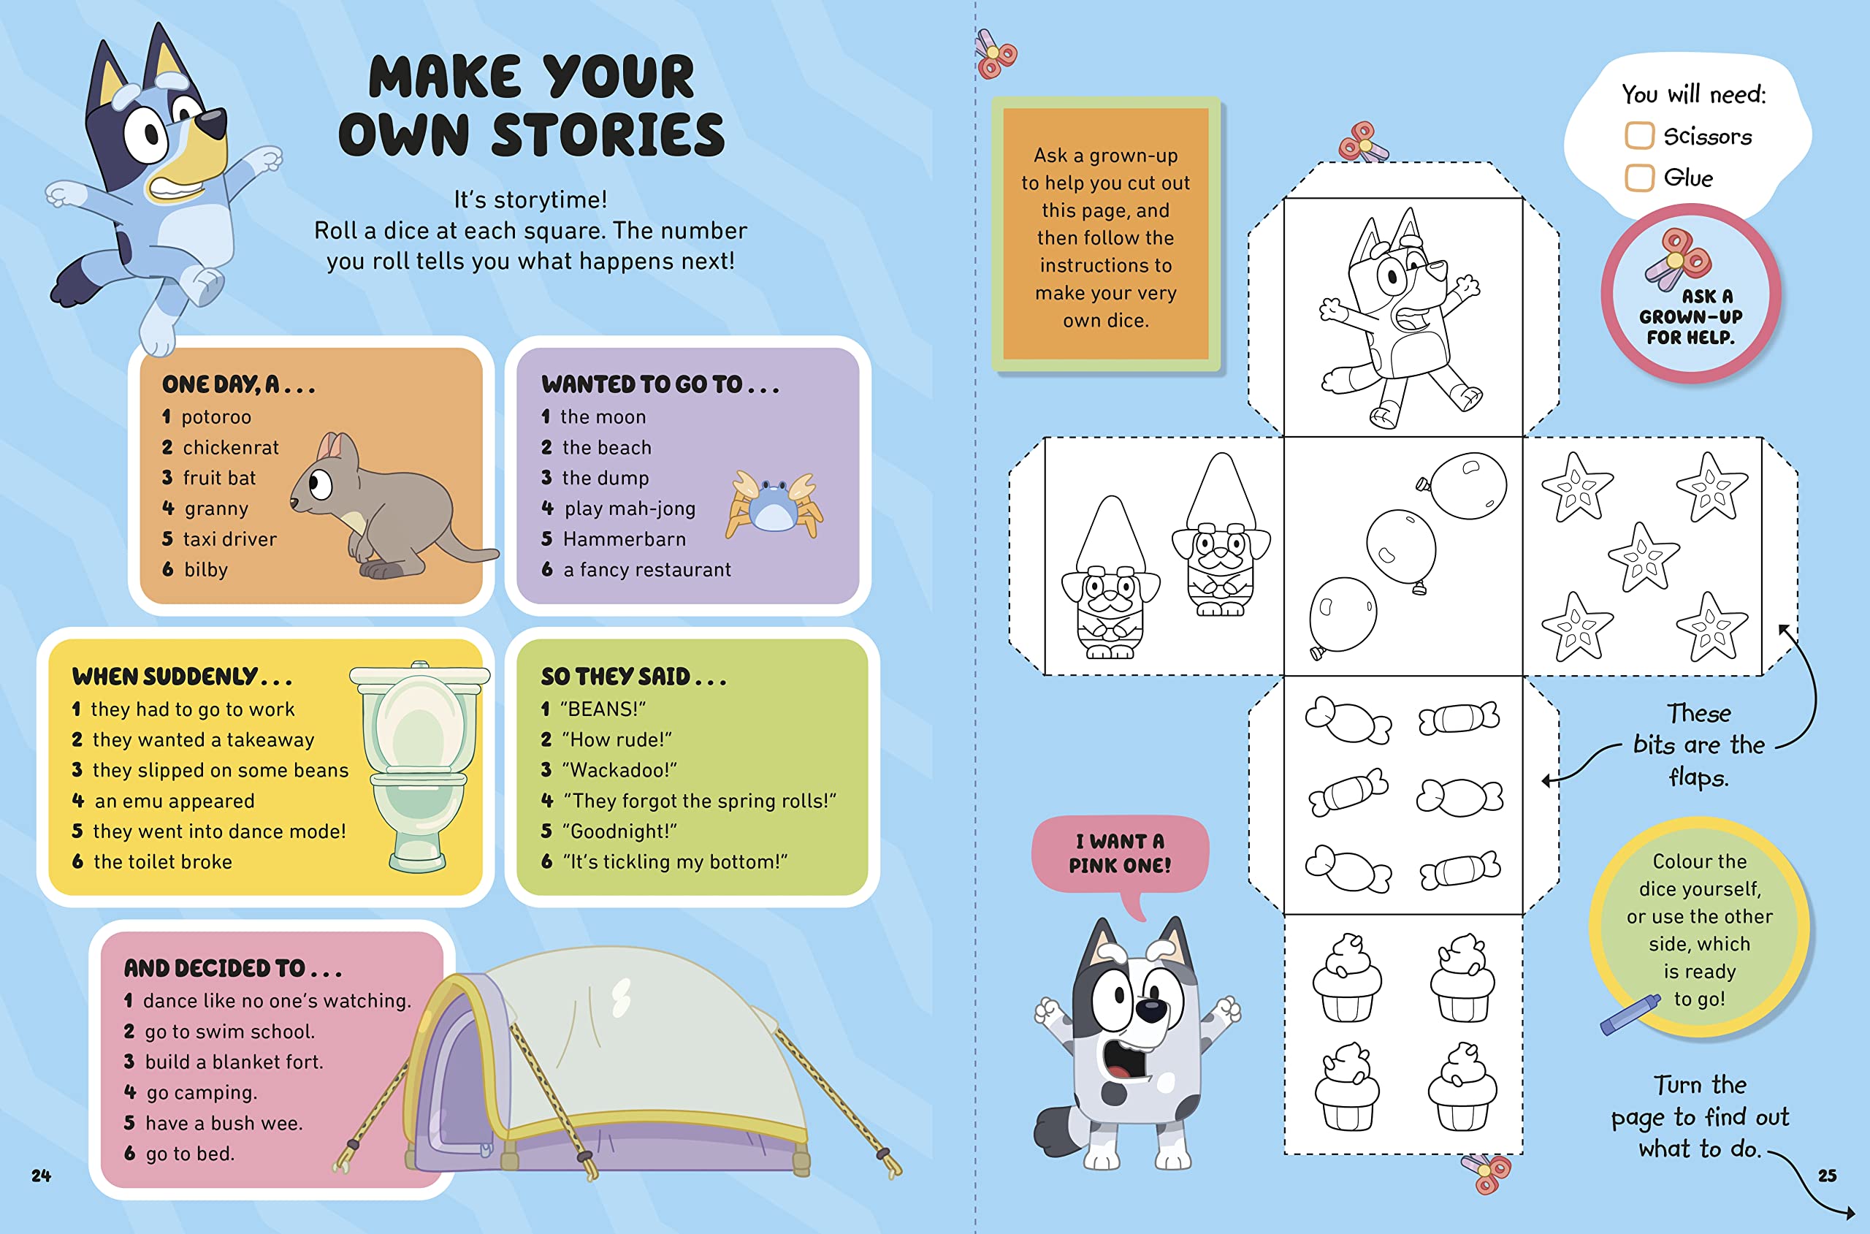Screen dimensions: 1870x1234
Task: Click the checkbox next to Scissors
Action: click(1639, 135)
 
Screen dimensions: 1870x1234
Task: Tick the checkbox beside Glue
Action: click(1639, 177)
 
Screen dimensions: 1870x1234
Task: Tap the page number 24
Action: click(41, 1176)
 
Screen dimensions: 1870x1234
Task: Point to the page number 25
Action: click(1827, 1176)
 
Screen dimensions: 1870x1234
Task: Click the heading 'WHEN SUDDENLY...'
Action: click(182, 676)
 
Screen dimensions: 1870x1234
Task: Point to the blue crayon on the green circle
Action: click(1629, 1014)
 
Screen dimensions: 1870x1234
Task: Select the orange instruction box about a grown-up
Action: click(1105, 234)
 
